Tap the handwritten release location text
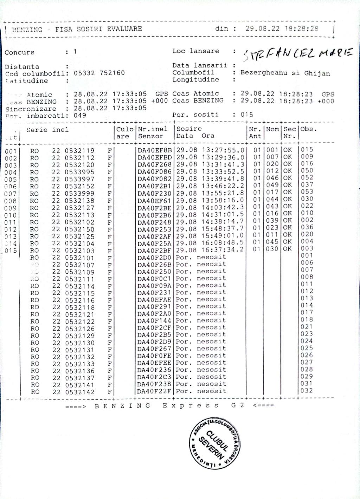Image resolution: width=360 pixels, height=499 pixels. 297,53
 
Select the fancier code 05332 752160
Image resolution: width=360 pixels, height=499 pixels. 99,73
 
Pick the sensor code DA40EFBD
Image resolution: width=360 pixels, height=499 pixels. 154,157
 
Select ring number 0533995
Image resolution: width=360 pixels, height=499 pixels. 79,172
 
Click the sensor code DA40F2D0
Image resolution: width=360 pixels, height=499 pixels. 154,257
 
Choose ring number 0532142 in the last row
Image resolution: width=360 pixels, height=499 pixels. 79,392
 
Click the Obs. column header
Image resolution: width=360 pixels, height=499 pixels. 309,129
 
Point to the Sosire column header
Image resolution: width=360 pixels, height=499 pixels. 189,129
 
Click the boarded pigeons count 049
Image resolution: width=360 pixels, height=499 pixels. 80,115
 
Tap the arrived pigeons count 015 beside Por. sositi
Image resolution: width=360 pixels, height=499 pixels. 247,115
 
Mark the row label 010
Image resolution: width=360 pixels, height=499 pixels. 11,215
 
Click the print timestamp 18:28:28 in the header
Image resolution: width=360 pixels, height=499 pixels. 301,29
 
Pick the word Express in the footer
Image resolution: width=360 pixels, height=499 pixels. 191,406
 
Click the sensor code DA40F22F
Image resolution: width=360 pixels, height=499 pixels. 154,391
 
